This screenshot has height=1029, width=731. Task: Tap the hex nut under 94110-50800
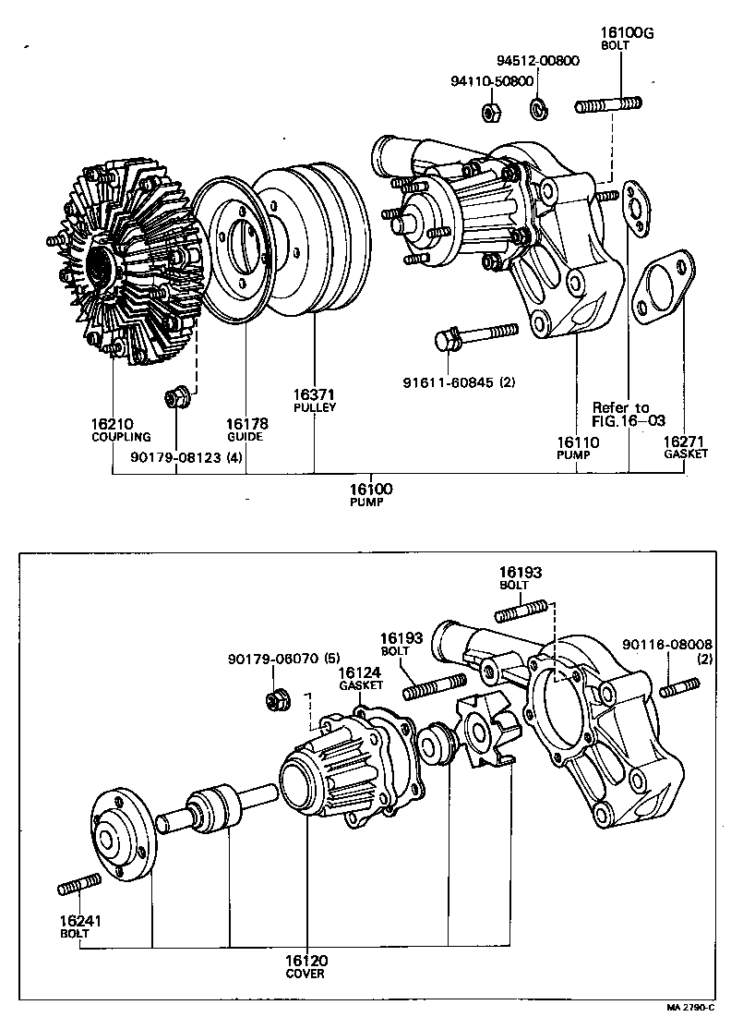pyautogui.click(x=491, y=112)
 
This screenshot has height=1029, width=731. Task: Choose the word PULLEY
pyautogui.click(x=315, y=407)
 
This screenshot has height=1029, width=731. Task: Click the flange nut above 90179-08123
pyautogui.click(x=175, y=397)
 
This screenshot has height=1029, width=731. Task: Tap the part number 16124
pyautogui.click(x=356, y=673)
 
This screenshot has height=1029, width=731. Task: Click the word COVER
pyautogui.click(x=305, y=974)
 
